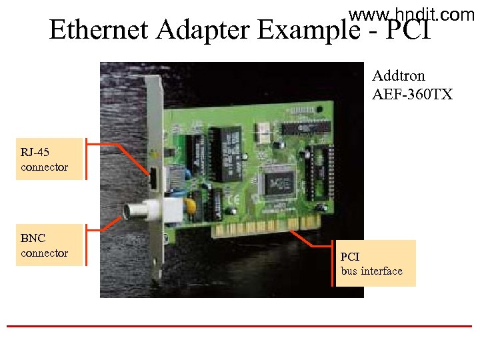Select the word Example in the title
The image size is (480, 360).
coord(309,30)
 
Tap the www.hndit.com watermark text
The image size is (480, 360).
coord(411,14)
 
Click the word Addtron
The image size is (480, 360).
coord(399,76)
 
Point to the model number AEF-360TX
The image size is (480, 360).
coord(412,95)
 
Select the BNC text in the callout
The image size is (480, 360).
coord(33,237)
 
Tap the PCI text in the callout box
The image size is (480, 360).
coord(350,256)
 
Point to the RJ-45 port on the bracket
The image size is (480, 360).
coord(153,179)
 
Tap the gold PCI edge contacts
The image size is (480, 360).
coord(267,227)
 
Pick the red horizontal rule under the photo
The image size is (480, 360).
coord(239,326)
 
